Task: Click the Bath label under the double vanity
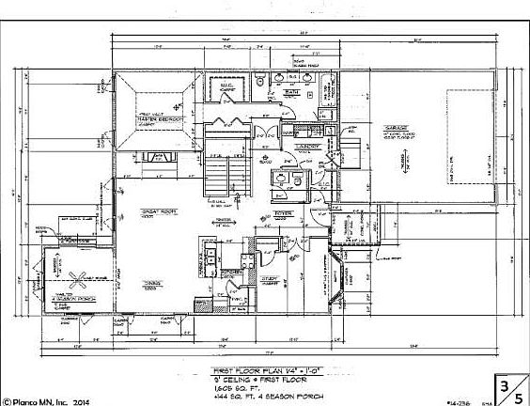coord(293,94)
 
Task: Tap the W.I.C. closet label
coord(226,87)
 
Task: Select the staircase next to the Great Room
coord(216,174)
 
